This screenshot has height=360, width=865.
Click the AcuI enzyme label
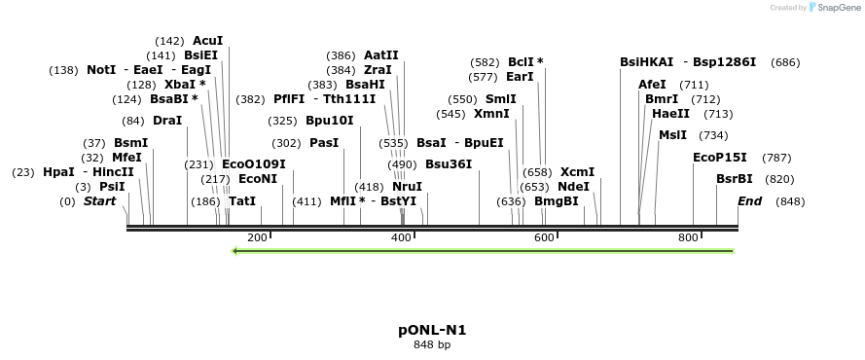pos(208,41)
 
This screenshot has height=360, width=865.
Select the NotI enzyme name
pos(101,70)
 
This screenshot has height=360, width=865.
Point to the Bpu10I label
pos(329,121)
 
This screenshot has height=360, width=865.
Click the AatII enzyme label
pos(381,55)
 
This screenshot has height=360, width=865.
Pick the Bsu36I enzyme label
pos(449,163)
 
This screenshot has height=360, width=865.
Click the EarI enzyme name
pos(521,76)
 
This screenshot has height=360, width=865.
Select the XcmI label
pos(577,171)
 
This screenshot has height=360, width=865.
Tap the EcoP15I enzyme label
pos(720,157)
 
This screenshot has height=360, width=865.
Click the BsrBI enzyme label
pos(735,179)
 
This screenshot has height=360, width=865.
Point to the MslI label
pos(672,135)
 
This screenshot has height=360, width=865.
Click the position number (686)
pos(785,62)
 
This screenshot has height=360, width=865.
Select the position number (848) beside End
pos(790,201)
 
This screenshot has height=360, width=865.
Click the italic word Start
pos(99,201)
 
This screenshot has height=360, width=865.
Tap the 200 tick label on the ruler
pos(258,237)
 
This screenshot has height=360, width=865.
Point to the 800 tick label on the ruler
pos(689,237)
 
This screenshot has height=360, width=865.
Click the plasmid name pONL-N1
pos(432,330)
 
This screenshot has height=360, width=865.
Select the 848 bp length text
pos(432,344)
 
